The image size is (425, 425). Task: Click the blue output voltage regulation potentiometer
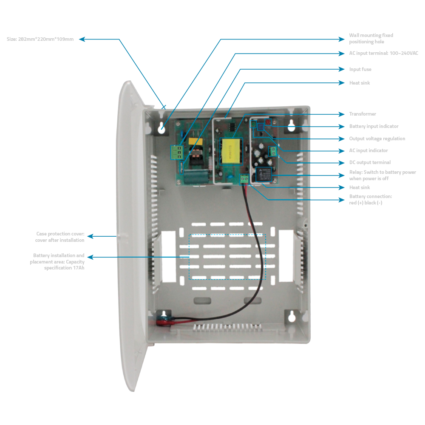[x=261, y=128]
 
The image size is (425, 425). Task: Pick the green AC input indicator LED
[x=254, y=125]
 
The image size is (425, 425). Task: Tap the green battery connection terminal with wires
[x=244, y=179]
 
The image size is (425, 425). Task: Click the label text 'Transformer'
[x=363, y=114]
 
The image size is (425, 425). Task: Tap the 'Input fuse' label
[x=360, y=69]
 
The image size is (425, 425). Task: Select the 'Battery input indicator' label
[x=374, y=126]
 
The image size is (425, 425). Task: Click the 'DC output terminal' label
[x=370, y=162]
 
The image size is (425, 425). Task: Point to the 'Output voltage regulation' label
[x=377, y=139]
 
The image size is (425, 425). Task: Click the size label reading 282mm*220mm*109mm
[x=40, y=39]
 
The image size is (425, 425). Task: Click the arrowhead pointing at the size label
[x=82, y=39]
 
